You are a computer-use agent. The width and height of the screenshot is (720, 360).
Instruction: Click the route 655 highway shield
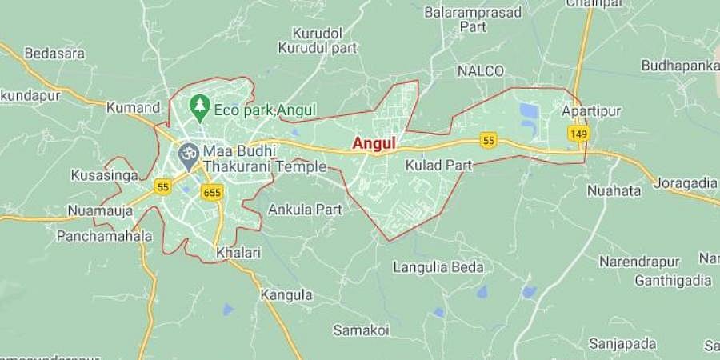pyautogui.click(x=212, y=193)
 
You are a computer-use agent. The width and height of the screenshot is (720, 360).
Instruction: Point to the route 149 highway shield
pyautogui.click(x=578, y=134)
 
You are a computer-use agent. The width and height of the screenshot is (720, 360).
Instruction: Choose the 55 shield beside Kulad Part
pyautogui.click(x=489, y=141)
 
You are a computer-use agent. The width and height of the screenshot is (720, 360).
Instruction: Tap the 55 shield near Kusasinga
pyautogui.click(x=164, y=187)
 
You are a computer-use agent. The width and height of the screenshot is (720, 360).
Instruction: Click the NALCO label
pyautogui.click(x=481, y=71)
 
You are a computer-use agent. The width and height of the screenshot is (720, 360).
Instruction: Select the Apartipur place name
pyautogui.click(x=591, y=111)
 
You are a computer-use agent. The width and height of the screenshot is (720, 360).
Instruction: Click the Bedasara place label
pyautogui.click(x=50, y=54)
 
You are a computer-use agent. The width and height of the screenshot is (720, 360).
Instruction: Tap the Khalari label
pyautogui.click(x=238, y=253)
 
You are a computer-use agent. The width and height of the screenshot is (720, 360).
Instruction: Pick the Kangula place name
pyautogui.click(x=286, y=294)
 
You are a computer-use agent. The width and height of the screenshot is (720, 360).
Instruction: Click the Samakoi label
pyautogui.click(x=361, y=330)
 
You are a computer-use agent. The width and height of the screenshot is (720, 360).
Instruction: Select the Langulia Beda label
pyautogui.click(x=438, y=266)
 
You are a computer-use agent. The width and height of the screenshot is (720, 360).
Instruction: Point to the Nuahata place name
pyautogui.click(x=614, y=190)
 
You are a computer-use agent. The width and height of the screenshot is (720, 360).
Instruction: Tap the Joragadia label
pyautogui.click(x=686, y=183)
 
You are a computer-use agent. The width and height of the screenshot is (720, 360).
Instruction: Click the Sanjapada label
pyautogui.click(x=618, y=344)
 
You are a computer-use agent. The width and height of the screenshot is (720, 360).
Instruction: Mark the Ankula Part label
pyautogui.click(x=305, y=210)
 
